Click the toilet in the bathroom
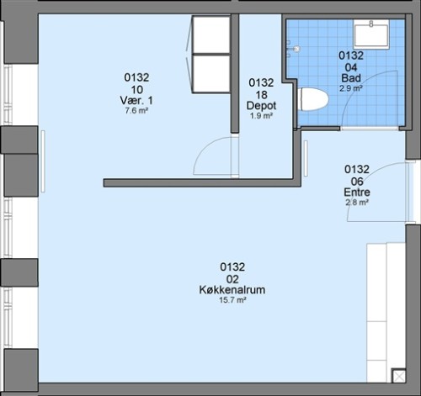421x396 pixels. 313,99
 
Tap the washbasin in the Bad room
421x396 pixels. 371,34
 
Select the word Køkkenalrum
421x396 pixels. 232,290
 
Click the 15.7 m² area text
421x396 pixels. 232,300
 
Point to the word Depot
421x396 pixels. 261,106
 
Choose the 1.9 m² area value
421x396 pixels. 261,115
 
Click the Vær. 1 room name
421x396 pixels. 136,100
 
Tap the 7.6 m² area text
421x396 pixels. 136,110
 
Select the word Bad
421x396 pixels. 351,78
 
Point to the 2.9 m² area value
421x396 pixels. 351,88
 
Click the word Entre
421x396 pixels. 357,193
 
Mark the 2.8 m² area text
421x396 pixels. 357,202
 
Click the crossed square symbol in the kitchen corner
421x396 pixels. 399,376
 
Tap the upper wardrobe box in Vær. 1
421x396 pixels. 211,34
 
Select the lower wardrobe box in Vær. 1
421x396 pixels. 211,73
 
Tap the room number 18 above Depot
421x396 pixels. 261,95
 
